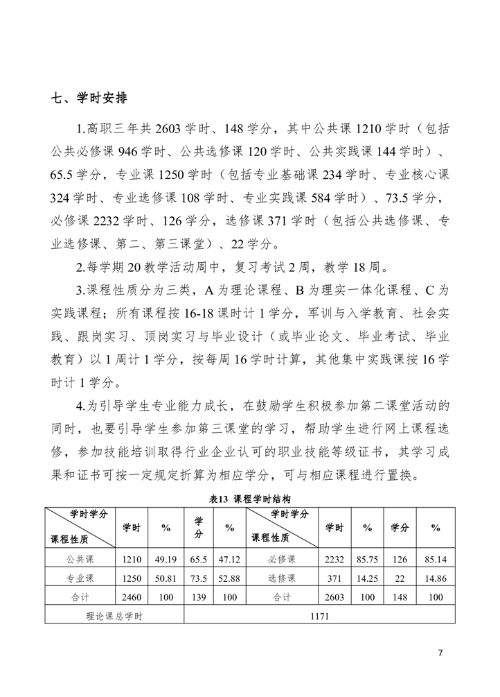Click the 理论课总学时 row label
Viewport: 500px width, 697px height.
point(114,615)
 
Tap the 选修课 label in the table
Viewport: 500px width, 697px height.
point(282,578)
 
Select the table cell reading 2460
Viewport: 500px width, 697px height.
point(132,596)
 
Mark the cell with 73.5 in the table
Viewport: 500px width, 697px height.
point(198,578)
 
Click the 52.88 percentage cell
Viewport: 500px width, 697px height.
point(229,578)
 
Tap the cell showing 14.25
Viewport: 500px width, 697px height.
point(368,578)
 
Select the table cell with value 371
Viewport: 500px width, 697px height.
point(334,578)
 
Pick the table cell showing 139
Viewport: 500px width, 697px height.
point(198,596)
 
